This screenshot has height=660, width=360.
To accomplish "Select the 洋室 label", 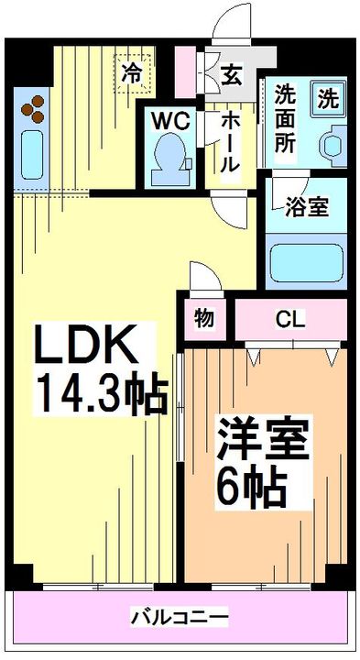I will (x=262, y=439).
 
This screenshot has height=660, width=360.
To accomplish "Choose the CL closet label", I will (x=290, y=319).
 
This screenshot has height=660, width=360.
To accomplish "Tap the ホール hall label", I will (x=229, y=142).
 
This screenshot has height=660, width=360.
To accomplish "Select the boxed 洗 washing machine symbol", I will (x=327, y=95).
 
